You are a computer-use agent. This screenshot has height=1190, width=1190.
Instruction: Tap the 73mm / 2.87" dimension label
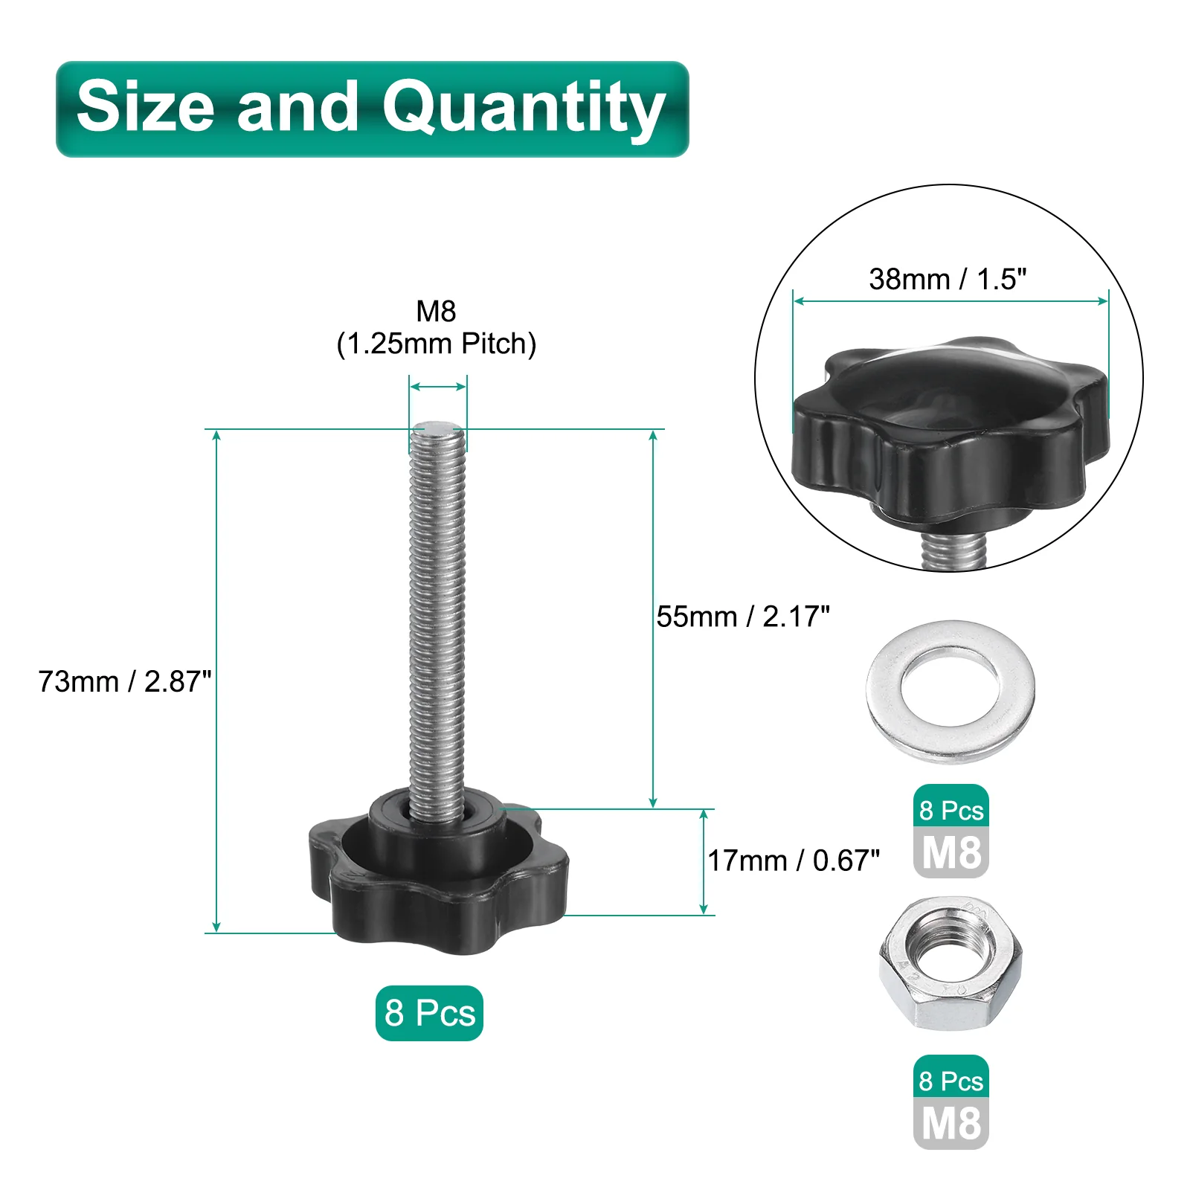tap(124, 681)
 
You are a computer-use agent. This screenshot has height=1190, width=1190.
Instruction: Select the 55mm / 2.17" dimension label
tap(742, 617)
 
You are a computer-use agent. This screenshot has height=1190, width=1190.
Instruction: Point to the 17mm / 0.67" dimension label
tap(794, 861)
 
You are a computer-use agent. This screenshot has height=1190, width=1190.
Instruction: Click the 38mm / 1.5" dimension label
tap(948, 280)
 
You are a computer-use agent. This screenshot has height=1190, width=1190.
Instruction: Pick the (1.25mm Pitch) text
tap(436, 344)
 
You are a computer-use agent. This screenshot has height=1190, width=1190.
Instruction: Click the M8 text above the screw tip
tap(436, 311)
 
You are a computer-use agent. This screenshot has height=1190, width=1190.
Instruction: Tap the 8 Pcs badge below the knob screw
tap(429, 1013)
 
